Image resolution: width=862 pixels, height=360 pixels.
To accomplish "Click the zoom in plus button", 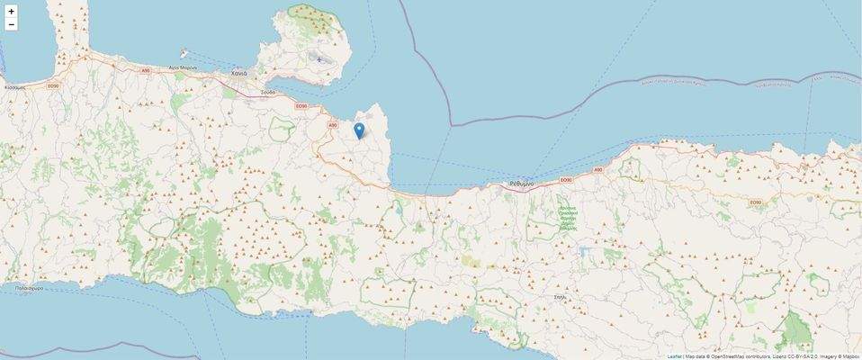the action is tap(11, 12).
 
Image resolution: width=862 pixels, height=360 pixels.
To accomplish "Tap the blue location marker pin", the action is tap(359, 131).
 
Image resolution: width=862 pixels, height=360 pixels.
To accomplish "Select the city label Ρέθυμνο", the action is tap(521, 184).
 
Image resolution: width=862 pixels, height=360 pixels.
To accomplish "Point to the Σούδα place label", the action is tap(268, 92).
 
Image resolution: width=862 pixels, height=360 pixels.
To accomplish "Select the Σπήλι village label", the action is tap(561, 296).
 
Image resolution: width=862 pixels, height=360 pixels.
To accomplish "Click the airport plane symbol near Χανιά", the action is tap(319, 60).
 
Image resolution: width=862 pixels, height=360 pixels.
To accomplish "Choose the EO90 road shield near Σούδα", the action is tap(302, 106).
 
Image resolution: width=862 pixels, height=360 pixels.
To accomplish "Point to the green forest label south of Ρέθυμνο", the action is tap(567, 217).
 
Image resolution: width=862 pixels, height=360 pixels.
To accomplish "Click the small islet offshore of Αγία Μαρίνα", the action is tap(184, 53).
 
